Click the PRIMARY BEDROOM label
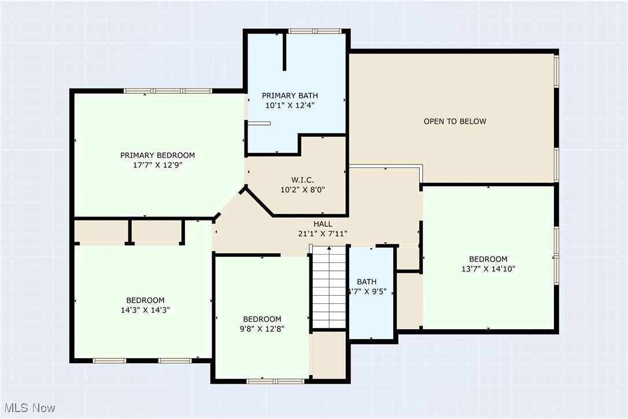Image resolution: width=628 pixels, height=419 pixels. point(157,155)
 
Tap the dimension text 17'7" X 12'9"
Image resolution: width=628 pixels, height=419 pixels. point(157,165)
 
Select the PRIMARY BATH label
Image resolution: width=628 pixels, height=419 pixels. point(290,95)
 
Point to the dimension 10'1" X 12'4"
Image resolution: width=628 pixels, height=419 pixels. point(290,105)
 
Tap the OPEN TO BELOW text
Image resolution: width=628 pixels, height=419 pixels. point(455,122)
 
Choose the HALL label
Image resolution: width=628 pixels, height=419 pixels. point(323,224)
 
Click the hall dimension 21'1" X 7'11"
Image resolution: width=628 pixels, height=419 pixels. point(323,234)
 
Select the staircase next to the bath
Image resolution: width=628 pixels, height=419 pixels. point(329,287)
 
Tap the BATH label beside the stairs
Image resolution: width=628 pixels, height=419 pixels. point(366,282)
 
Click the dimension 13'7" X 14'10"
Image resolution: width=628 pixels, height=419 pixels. point(488,269)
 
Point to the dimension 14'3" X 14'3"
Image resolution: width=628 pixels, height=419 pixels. point(145,310)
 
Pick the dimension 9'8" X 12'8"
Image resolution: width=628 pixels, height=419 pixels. point(262,329)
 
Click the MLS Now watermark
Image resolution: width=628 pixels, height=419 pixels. point(29,408)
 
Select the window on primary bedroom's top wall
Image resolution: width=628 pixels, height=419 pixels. point(168,91)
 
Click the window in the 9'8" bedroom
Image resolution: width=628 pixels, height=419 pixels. point(275,381)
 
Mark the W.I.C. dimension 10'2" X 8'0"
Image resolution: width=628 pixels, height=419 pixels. point(302,189)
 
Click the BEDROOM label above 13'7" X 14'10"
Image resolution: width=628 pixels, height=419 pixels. point(488,259)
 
